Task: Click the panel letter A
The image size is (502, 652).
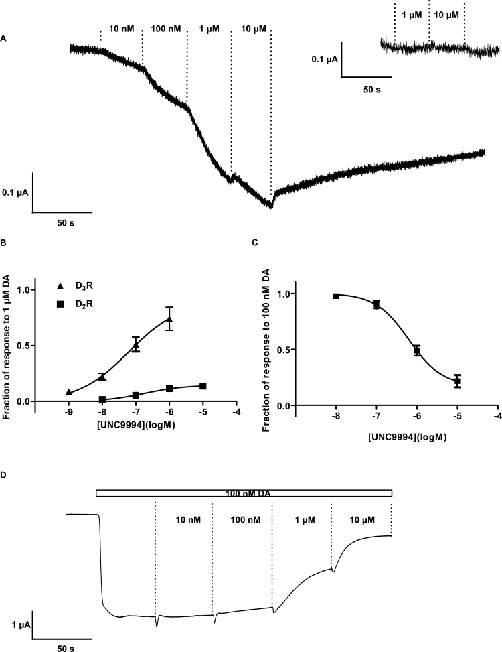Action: [5, 40]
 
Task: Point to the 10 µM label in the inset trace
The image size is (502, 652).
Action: [446, 15]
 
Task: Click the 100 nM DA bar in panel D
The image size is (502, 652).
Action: [244, 493]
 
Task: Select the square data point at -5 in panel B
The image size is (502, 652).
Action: [202, 386]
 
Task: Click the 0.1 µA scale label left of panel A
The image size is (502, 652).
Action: [16, 192]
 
